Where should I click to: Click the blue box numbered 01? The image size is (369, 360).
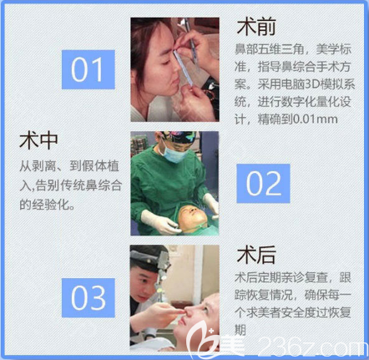[87, 69]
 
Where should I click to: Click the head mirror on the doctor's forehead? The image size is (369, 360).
[144, 260]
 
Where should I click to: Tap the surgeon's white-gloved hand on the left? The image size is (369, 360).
[154, 220]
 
